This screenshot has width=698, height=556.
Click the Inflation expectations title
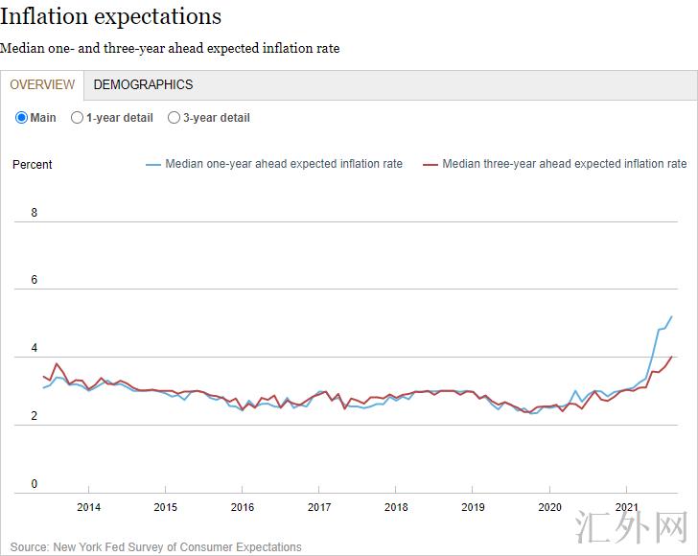(110, 17)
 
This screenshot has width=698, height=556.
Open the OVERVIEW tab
(42, 84)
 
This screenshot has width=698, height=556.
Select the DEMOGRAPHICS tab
(143, 84)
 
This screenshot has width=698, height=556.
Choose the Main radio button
(22, 118)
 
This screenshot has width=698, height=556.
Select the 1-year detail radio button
(78, 118)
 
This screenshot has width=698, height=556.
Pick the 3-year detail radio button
(174, 118)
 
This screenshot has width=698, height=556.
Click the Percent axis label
(33, 165)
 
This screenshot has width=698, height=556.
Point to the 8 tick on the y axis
(35, 213)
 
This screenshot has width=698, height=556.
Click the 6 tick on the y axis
(35, 280)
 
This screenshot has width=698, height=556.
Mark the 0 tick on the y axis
(35, 484)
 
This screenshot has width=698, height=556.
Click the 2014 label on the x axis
(88, 507)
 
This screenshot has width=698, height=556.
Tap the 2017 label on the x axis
(319, 507)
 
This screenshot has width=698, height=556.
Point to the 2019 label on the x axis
(473, 507)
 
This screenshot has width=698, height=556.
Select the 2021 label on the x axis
(626, 507)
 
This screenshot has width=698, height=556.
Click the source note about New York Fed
(156, 547)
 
